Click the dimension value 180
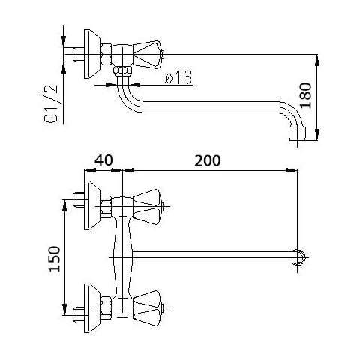pos(305,95)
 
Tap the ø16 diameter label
pos(178,76)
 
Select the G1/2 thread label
pos(51,104)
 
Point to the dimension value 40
pos(103,160)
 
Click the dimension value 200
pos(208,160)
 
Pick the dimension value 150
pos(55,259)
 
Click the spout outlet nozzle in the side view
pos(298,133)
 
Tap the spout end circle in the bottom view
pos(300,257)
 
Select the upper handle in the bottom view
pos(148,207)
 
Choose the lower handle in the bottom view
pos(148,308)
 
